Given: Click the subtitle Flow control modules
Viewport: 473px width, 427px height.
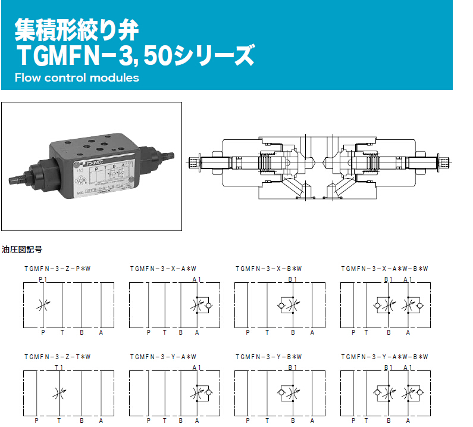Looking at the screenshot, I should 77,78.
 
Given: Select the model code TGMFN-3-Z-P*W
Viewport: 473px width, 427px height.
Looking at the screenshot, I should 57,269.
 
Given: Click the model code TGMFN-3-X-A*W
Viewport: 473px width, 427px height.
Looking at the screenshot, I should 163,269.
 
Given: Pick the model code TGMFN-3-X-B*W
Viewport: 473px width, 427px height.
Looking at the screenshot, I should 269,269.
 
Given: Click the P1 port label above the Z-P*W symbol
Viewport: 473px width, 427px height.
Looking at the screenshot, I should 43,279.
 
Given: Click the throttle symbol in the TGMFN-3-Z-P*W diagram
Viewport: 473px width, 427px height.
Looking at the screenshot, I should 42,306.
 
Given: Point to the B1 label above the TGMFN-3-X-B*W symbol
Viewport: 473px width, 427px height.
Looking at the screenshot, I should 293,279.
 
